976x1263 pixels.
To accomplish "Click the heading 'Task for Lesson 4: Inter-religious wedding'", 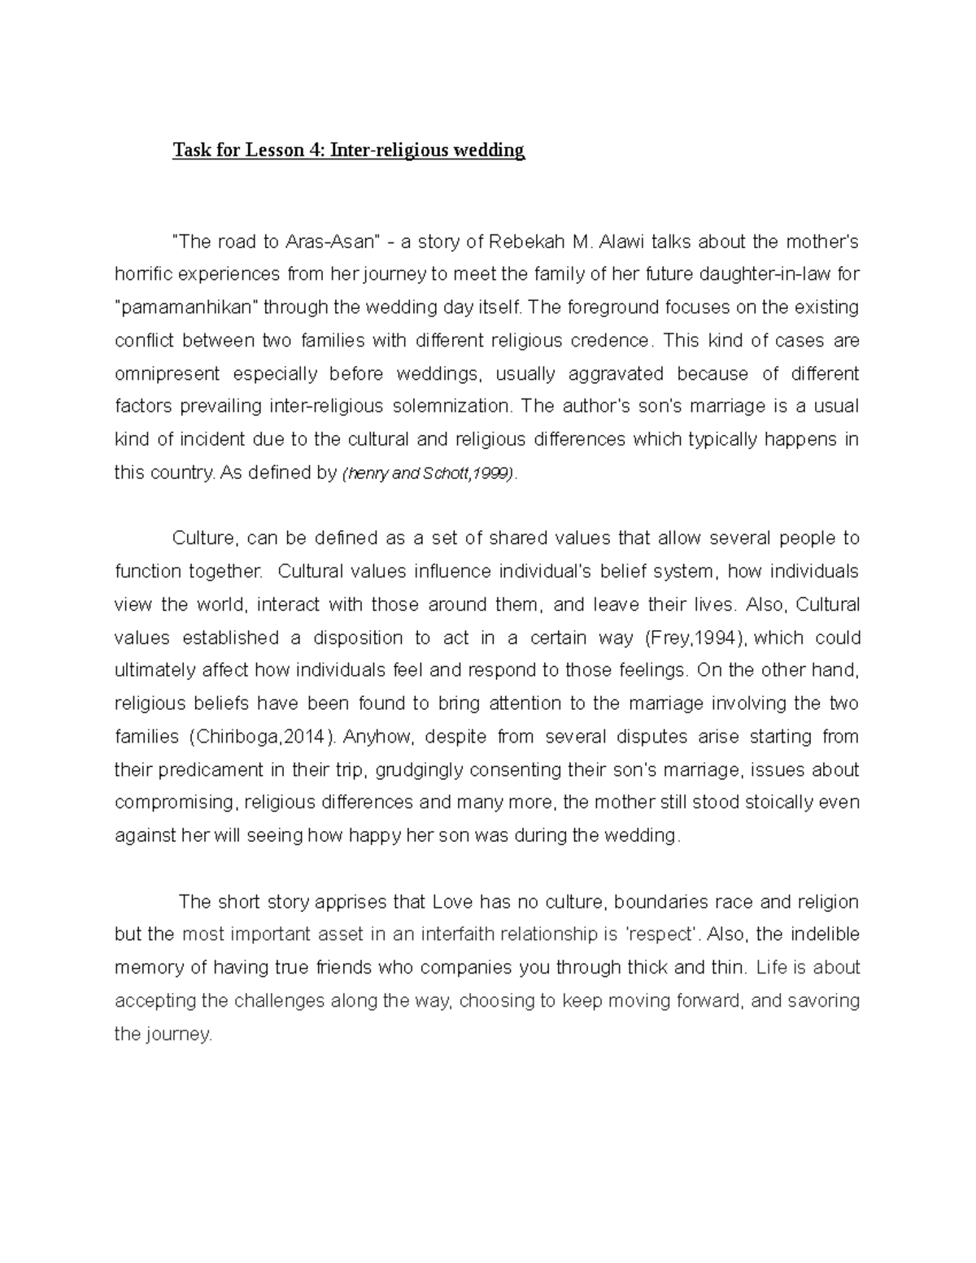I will click(348, 150).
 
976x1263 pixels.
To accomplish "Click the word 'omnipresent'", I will click(167, 374).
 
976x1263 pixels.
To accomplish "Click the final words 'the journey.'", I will click(163, 1034).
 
